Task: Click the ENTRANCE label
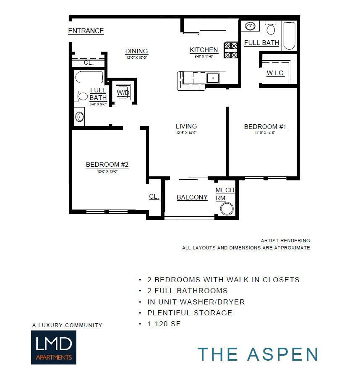86,31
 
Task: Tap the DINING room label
136,51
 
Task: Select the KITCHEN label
203,50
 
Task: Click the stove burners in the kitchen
231,50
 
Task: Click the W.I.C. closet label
276,73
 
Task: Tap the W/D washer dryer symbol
123,92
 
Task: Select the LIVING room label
186,126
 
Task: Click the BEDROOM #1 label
265,126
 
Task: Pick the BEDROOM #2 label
107,165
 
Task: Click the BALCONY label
192,197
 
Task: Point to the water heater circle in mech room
227,209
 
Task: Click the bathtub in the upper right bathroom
290,35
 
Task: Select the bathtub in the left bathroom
89,78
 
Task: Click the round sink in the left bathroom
79,116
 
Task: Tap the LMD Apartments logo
53,347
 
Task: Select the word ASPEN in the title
283,354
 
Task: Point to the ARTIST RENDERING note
285,241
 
